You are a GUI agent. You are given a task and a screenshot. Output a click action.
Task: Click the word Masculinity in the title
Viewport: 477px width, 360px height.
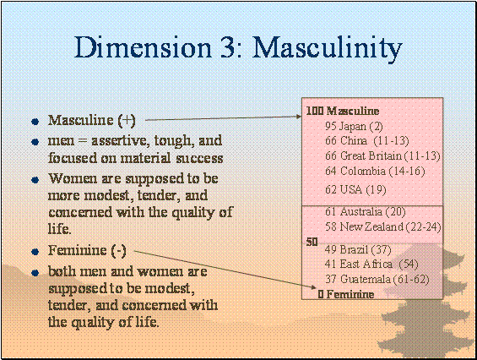point(328,48)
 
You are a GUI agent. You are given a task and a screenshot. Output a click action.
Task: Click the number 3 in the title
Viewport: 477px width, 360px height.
point(225,47)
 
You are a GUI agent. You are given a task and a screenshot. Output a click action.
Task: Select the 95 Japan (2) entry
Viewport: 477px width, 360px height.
point(354,126)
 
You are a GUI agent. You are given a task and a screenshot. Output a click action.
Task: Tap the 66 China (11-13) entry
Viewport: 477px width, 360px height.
point(367,141)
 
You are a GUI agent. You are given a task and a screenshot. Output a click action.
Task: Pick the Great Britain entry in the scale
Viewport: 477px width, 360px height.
point(382,156)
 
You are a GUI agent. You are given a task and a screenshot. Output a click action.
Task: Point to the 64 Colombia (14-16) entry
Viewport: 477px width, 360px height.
point(375,171)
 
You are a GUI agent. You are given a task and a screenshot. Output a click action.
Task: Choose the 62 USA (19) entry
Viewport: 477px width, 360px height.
point(355,190)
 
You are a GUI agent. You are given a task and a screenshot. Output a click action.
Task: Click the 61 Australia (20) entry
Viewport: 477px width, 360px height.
point(366,211)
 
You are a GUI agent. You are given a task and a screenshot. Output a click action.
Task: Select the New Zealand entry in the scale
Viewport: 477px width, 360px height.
point(383,226)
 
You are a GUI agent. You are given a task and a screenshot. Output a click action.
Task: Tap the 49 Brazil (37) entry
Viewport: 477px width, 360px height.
point(358,250)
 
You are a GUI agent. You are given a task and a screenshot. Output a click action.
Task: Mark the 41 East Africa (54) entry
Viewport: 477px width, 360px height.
point(371,264)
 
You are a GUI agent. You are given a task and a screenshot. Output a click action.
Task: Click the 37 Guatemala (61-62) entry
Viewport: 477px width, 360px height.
point(377,279)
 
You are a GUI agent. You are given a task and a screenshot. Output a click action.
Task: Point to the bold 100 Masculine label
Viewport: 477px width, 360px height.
point(343,111)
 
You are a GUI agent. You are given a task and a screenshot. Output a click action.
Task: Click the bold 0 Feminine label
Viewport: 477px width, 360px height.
point(346,294)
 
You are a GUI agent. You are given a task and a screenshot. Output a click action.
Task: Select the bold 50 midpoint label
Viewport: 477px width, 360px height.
point(312,242)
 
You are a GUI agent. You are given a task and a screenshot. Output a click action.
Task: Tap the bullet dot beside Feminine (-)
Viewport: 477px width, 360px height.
point(35,252)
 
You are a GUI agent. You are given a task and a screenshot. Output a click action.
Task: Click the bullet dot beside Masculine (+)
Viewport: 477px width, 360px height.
point(35,122)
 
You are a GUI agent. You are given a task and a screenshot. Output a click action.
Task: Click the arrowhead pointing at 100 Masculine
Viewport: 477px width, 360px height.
point(298,116)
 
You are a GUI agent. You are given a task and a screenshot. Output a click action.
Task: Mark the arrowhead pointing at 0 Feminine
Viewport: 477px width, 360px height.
point(313,287)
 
